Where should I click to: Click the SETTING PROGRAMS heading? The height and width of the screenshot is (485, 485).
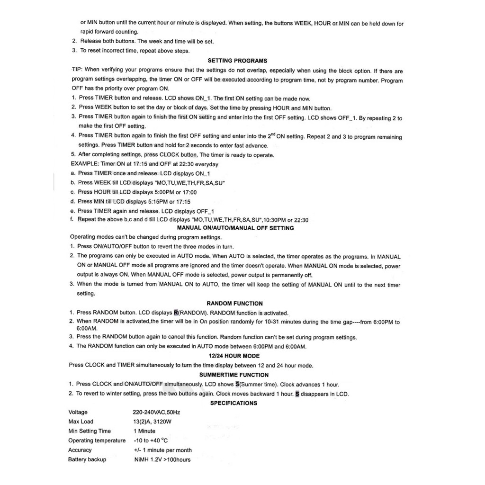point(237,61)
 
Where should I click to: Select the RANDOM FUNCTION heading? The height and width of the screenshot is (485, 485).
point(235,303)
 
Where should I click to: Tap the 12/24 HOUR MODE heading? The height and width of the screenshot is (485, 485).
point(234,356)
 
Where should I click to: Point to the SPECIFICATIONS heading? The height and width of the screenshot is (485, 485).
point(234,403)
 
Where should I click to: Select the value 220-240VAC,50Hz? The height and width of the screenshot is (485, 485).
point(156,412)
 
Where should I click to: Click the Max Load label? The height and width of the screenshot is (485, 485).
point(81,422)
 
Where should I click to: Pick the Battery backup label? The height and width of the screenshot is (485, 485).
point(87,459)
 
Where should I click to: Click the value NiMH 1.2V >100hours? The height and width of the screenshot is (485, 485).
point(162,459)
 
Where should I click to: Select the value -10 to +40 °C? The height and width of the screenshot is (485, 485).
point(151,440)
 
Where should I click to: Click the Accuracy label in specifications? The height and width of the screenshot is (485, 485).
point(80,450)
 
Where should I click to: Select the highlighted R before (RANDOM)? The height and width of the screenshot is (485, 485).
point(176,313)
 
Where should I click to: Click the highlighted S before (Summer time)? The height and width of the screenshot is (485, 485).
point(237,384)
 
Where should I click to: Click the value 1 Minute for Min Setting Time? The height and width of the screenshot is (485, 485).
point(144,431)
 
